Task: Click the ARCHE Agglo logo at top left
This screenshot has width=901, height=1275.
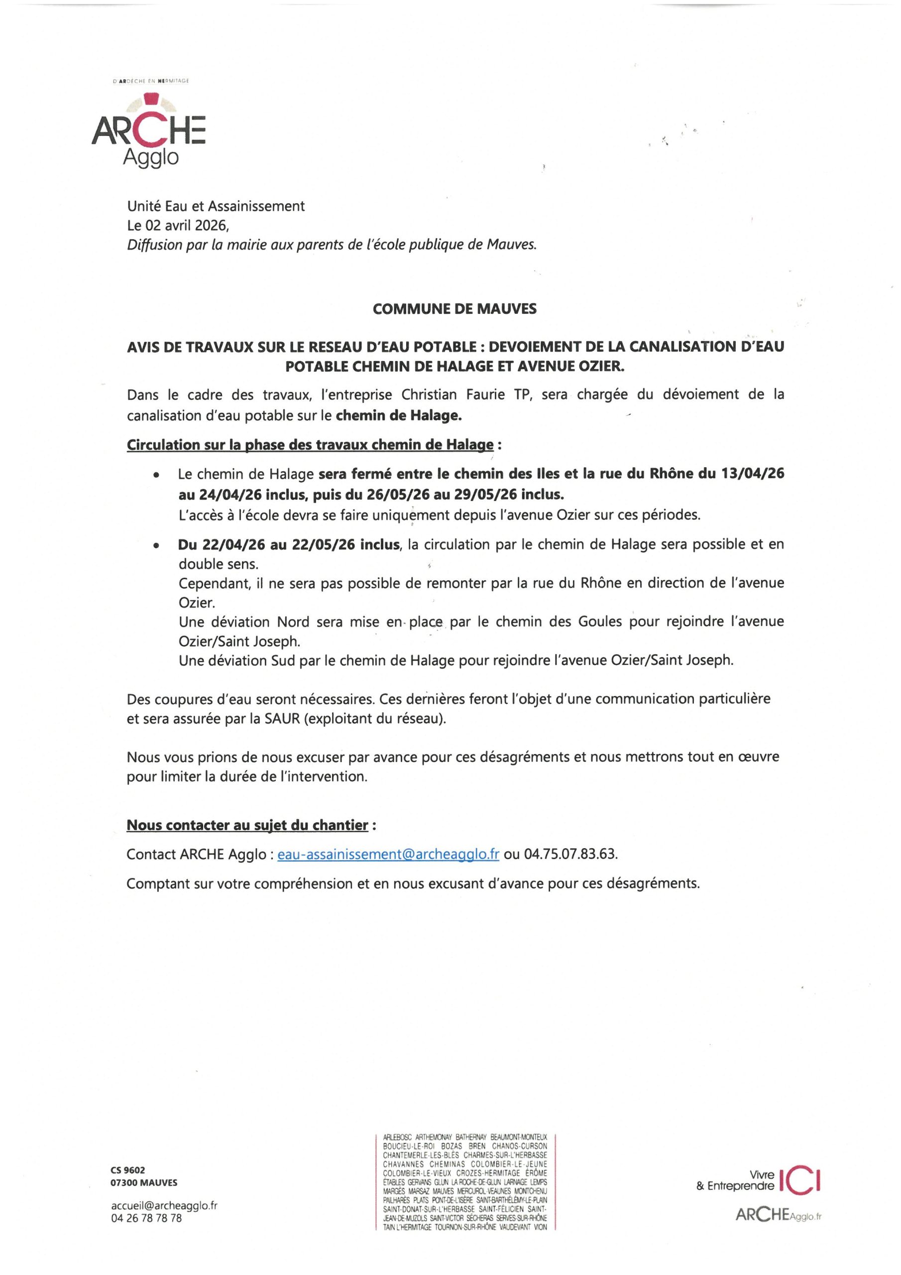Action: [x=148, y=130]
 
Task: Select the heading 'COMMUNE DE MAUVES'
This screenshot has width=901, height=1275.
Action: [x=454, y=309]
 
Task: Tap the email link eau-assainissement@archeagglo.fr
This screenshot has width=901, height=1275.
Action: [x=388, y=854]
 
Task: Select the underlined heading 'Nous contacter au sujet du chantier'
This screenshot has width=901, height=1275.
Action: [x=247, y=825]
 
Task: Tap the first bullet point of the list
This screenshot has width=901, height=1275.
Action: [x=158, y=475]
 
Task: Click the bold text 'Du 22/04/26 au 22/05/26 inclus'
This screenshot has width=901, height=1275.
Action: [x=289, y=545]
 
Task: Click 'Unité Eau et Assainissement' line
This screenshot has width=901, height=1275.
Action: [x=216, y=206]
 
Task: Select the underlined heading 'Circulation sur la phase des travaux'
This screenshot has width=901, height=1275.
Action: [x=310, y=445]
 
